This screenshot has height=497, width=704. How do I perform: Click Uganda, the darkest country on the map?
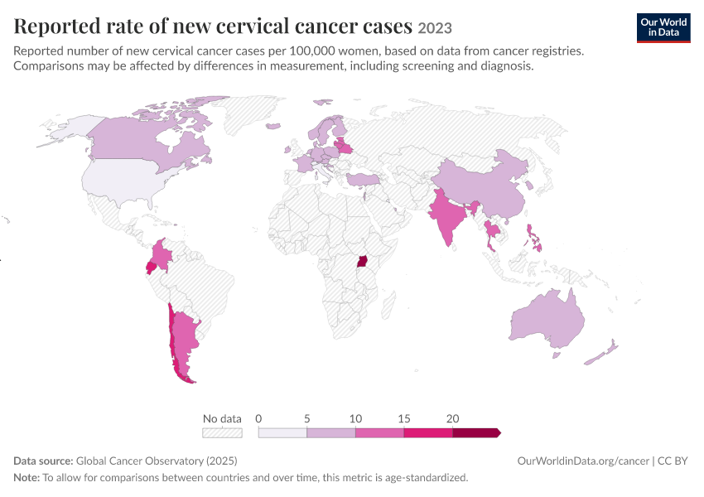coord(362,261)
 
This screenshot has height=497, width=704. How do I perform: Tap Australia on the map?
coord(547,320)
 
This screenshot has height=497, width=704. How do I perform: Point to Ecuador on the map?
coord(151,268)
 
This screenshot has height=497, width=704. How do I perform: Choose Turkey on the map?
coord(364,180)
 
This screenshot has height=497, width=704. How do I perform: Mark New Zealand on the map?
coord(601,352)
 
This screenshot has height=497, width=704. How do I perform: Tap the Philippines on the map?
coord(534,239)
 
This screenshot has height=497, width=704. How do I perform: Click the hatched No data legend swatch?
coord(222,432)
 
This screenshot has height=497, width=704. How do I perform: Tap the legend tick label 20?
coord(452,418)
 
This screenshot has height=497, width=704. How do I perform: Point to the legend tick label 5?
coord(307,418)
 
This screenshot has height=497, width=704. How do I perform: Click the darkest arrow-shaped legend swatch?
coord(476,432)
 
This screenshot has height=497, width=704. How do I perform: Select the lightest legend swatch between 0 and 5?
coord(282,432)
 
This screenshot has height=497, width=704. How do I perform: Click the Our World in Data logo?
coord(663,28)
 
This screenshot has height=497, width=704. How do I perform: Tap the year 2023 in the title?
coord(435,28)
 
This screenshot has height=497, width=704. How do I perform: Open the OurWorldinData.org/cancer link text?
coord(583,461)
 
